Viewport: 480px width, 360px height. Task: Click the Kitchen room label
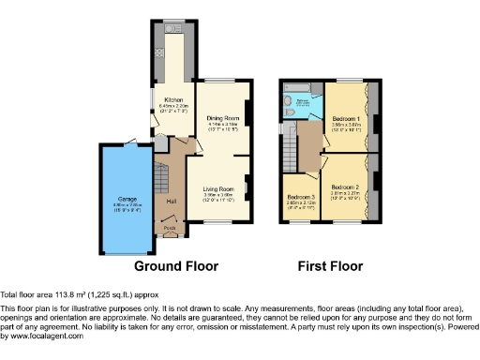pyautogui.click(x=173, y=99)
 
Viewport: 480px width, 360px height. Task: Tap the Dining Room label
pyautogui.click(x=219, y=118)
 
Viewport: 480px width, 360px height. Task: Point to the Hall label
pyautogui.click(x=172, y=201)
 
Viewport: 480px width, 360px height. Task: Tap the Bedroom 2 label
pyautogui.click(x=347, y=188)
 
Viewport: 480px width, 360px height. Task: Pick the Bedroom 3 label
pyautogui.click(x=301, y=196)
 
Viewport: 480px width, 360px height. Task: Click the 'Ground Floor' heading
pyautogui.click(x=176, y=266)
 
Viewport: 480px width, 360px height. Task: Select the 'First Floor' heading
pyautogui.click(x=330, y=266)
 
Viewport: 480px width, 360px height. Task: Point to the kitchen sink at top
pyautogui.click(x=172, y=30)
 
